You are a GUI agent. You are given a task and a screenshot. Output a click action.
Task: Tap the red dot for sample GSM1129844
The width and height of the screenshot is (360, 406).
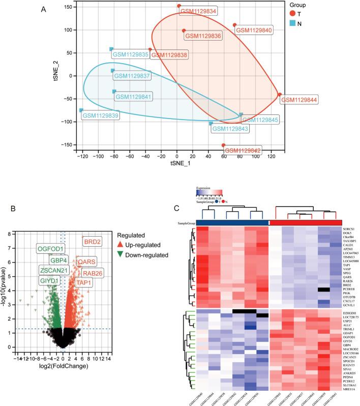pyautogui.click(x=279, y=94)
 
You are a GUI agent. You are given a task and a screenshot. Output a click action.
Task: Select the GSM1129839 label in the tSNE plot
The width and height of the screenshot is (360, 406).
pyautogui.click(x=100, y=115)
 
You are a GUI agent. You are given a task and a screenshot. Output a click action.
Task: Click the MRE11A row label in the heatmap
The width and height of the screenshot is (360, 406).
pyautogui.click(x=350, y=374)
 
